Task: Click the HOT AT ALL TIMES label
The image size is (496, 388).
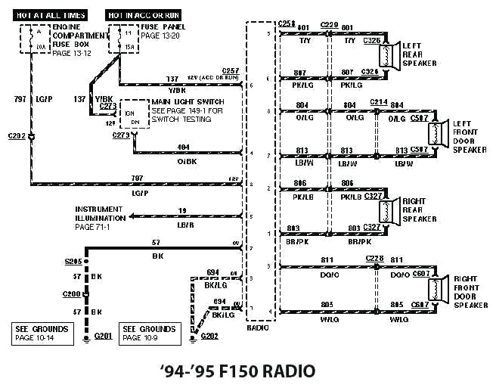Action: click(x=51, y=15)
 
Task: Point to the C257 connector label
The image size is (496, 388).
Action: click(x=230, y=70)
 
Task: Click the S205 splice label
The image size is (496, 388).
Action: click(x=73, y=261)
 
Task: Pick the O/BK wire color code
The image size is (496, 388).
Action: click(x=186, y=161)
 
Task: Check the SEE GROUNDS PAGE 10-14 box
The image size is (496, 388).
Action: click(x=43, y=334)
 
